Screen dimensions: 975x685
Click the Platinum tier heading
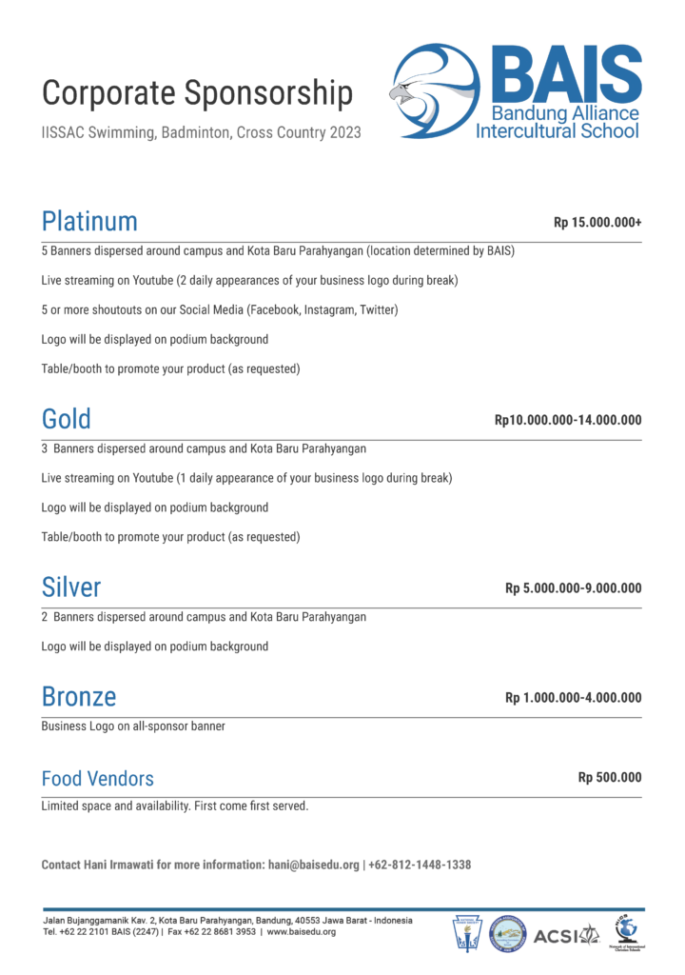coord(89,222)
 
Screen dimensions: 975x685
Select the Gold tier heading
coord(67,419)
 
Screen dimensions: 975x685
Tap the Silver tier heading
coord(71,587)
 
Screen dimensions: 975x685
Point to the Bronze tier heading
coord(79,697)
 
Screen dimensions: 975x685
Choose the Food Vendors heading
coord(97,779)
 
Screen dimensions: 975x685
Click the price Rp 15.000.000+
coord(597,223)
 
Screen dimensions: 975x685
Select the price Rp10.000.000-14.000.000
coord(568,420)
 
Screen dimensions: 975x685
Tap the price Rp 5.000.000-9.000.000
coord(573,587)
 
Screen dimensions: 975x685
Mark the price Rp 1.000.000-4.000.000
coord(573,698)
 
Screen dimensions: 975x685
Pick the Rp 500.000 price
coord(610,778)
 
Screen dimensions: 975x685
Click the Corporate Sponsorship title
coord(198,93)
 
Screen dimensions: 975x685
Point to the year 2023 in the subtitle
coord(344,133)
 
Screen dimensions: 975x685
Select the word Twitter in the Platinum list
coord(377,310)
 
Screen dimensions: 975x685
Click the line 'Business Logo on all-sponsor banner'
coord(133,726)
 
